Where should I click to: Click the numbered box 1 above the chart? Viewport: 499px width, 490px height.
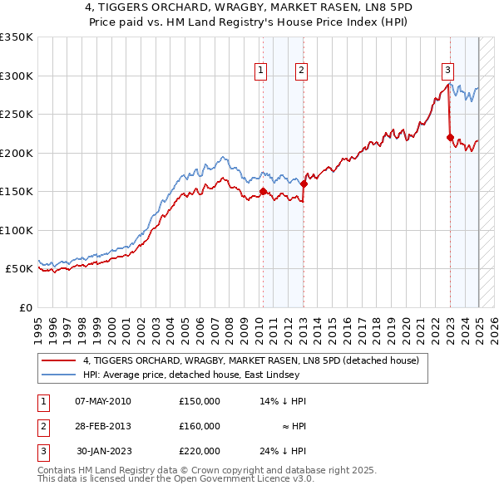click(x=261, y=71)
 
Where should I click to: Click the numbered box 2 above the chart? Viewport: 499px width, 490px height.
click(x=300, y=71)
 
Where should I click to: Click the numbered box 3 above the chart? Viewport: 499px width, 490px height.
click(x=447, y=71)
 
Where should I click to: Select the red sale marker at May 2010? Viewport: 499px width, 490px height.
click(x=264, y=192)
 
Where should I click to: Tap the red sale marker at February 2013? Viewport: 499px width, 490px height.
click(x=304, y=184)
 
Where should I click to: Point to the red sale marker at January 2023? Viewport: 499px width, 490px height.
click(x=450, y=138)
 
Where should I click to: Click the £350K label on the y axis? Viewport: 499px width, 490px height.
click(x=17, y=37)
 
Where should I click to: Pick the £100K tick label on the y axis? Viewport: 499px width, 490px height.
click(x=17, y=230)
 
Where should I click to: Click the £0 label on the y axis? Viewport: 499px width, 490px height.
click(x=24, y=307)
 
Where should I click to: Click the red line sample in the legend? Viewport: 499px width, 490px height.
click(x=58, y=360)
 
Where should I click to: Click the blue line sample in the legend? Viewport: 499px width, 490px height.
click(x=58, y=375)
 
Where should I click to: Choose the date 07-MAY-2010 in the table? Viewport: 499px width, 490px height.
click(x=103, y=401)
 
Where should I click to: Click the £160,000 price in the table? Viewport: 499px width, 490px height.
click(x=200, y=426)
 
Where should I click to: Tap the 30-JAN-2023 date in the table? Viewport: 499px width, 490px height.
click(x=103, y=451)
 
